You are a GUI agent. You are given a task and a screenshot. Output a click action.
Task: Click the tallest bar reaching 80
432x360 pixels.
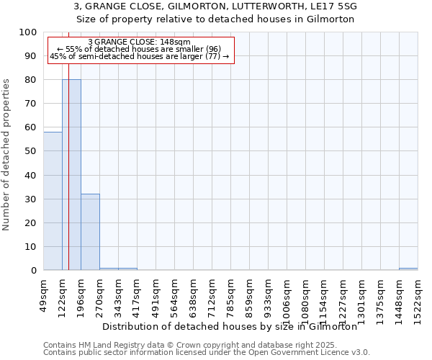(71, 175)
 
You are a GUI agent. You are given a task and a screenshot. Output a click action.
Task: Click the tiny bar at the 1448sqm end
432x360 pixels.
(408, 269)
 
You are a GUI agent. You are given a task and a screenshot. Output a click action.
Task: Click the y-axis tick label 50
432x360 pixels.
(32, 151)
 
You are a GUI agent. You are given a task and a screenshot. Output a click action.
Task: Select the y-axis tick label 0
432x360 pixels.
(35, 270)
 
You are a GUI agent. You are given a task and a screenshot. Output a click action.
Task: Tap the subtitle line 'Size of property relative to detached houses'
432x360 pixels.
(216, 19)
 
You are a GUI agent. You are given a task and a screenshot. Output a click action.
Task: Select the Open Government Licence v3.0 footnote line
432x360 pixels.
(206, 352)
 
